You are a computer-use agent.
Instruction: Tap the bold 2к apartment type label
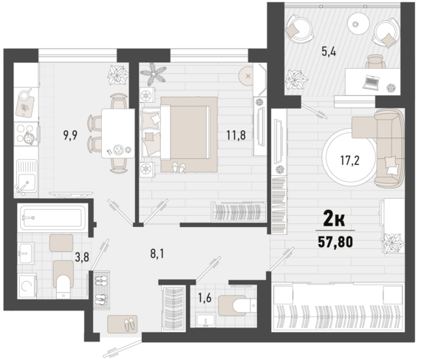334,220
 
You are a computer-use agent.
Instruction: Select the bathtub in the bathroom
52,217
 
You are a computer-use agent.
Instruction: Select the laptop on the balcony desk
372,80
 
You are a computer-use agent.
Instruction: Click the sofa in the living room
389,148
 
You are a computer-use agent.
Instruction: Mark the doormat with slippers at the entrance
122,324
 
